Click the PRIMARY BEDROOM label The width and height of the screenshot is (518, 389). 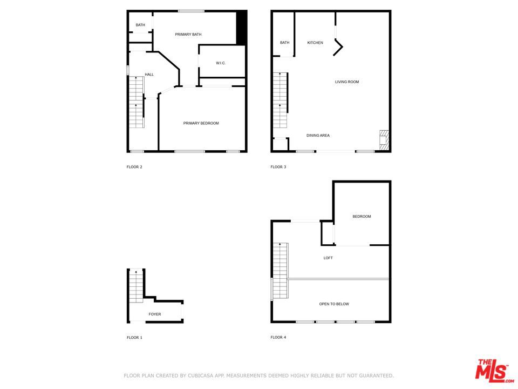(201, 124)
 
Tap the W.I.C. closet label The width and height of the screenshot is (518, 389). (221, 63)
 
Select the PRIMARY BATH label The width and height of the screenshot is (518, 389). (188, 35)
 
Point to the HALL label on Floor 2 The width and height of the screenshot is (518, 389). (149, 75)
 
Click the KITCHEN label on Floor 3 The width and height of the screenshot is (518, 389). (315, 43)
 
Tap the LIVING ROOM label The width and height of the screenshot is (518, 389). (347, 82)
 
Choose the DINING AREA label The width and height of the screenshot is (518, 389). (318, 136)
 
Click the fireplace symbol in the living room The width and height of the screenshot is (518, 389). (384, 139)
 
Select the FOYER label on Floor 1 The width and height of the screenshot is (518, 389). (155, 314)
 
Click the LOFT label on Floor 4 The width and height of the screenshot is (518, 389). (328, 258)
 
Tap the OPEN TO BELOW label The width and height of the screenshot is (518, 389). (334, 304)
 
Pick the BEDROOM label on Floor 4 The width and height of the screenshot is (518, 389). (362, 217)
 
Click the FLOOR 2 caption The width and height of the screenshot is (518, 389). (134, 167)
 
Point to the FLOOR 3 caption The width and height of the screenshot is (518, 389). (278, 167)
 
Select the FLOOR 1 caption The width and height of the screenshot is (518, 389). (134, 338)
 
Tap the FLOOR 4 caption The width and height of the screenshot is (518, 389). (278, 338)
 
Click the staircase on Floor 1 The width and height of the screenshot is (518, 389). (136, 286)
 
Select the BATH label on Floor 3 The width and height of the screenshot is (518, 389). (284, 43)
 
